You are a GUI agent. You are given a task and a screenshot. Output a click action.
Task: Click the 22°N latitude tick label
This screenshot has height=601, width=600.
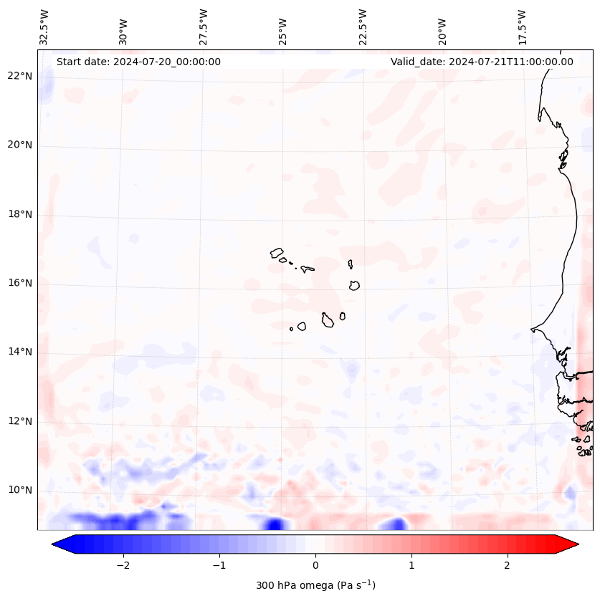click(21, 76)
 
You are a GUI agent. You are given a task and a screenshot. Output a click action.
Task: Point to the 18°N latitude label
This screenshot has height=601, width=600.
click(21, 214)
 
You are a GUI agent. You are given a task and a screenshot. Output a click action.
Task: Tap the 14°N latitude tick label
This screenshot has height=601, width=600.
click(21, 352)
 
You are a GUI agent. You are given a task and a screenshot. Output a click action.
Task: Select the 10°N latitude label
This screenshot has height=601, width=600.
click(21, 490)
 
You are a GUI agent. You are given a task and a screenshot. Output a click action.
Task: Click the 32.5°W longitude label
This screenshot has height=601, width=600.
click(44, 27)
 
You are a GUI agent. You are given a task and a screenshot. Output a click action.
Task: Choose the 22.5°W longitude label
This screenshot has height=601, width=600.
click(363, 27)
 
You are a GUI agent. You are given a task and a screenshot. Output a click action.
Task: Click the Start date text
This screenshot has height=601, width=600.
click(138, 62)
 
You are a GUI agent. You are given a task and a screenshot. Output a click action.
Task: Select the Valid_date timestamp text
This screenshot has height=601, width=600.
click(482, 62)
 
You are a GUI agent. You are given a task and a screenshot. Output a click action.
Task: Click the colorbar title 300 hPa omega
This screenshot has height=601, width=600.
click(315, 585)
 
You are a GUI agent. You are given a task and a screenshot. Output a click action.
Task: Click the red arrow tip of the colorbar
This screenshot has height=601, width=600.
click(572, 544)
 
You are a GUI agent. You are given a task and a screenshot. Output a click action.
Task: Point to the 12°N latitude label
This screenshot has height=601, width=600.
click(21, 421)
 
